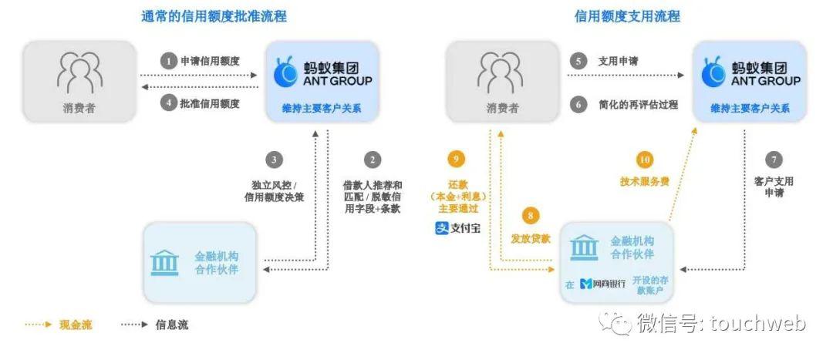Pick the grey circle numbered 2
[x=373, y=160]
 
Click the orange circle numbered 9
[x=457, y=160]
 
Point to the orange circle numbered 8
[x=530, y=216]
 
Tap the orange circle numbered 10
[x=645, y=160]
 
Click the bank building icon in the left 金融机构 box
[x=165, y=262]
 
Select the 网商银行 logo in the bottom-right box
[x=602, y=284]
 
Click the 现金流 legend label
[x=76, y=325]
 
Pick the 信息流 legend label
[x=172, y=325]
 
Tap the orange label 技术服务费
[x=645, y=183]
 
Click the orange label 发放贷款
[x=530, y=239]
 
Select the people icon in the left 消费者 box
[x=79, y=72]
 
